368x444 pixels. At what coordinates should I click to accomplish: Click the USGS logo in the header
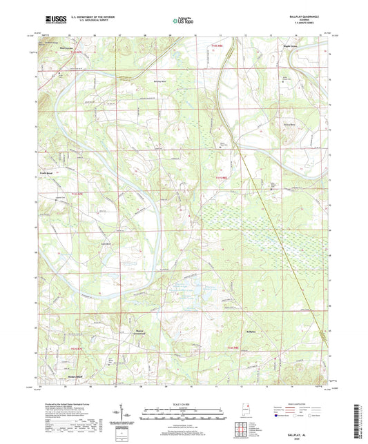point(55,21)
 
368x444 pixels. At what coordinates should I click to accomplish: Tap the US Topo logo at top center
point(183,21)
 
